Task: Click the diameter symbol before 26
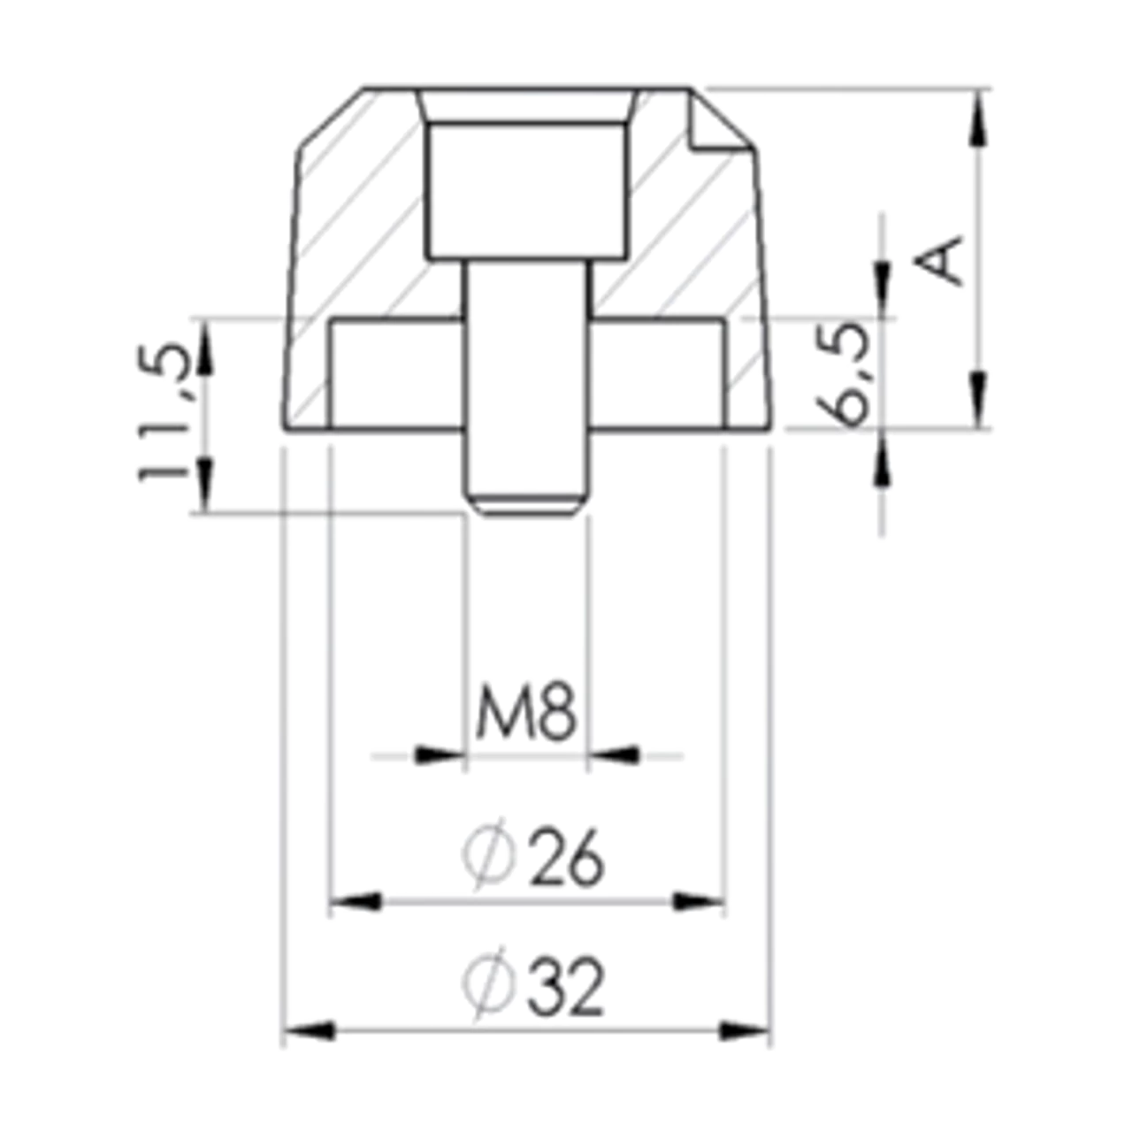point(488,855)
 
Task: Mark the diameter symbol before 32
point(488,983)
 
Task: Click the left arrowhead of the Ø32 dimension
point(310,1031)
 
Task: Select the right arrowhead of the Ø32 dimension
point(745,1031)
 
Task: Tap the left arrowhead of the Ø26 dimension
point(356,903)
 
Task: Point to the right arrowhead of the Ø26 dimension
point(699,903)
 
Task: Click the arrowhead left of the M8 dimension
point(438,755)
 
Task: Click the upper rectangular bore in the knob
point(529,190)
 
